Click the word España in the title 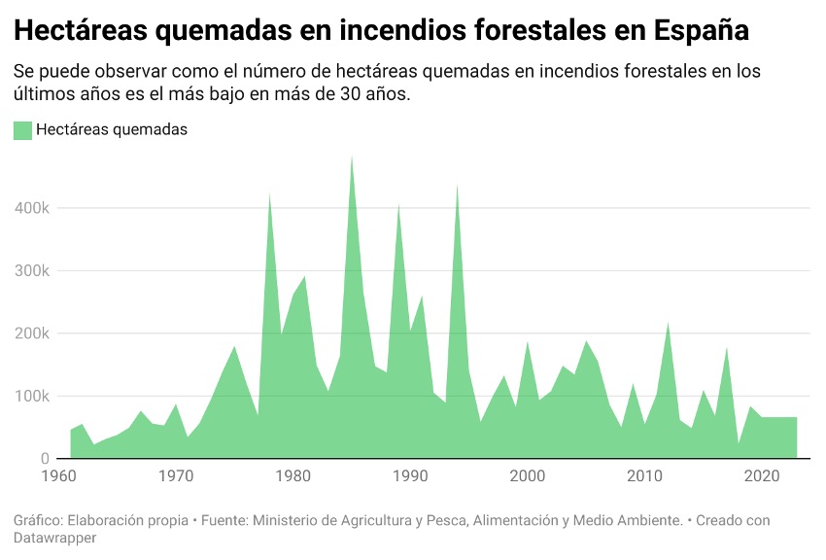pos(701,30)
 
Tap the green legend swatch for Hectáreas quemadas pos(22,129)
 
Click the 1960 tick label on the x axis pos(59,476)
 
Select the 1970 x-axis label pos(176,476)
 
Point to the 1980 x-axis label pos(293,476)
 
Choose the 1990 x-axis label pos(410,476)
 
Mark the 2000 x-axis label pos(528,476)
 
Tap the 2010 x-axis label pos(644,476)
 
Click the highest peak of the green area pos(352,157)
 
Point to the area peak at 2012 pos(669,324)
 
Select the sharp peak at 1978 pos(269,194)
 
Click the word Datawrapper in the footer pos(54,538)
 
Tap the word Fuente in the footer pos(224,521)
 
